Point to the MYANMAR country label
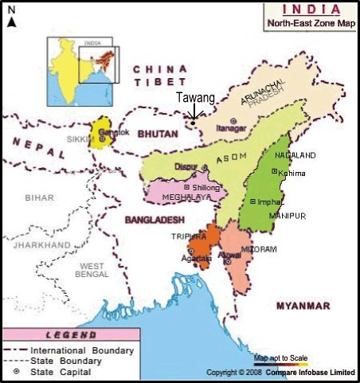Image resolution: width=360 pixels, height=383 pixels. (302, 306)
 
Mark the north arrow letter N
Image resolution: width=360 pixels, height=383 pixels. (11, 10)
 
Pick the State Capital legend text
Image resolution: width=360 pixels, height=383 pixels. (61, 372)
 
